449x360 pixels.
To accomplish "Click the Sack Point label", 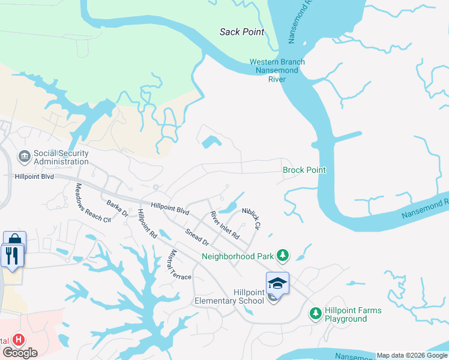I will tap(242, 32).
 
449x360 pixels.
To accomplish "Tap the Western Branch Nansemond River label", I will tap(277, 70).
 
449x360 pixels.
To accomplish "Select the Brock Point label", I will tap(304, 170).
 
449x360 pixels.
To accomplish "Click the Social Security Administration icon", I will tap(25, 157).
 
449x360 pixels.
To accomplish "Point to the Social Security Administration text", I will tap(61, 157).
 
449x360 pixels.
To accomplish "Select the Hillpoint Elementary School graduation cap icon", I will tap(277, 283).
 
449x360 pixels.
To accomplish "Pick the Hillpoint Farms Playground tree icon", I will tap(315, 314).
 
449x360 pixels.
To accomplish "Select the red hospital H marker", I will tap(19, 340).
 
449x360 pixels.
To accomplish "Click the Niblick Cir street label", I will tap(252, 219).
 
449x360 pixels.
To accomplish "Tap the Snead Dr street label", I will tap(196, 237).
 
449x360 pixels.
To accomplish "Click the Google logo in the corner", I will tap(19, 353).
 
